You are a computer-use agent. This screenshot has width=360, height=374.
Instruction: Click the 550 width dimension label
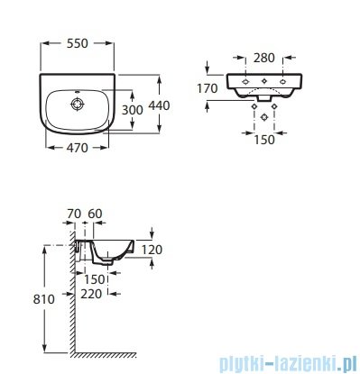click(78, 44)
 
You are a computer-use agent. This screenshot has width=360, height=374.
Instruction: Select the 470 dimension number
click(78, 148)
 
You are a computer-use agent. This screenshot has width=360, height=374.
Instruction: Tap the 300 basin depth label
click(133, 110)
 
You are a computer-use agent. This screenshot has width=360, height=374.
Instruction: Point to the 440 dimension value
click(159, 105)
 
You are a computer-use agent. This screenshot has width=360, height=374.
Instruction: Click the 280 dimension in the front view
click(264, 58)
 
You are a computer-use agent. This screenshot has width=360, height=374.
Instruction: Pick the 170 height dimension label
click(207, 88)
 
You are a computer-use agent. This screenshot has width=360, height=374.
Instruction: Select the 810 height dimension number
click(44, 299)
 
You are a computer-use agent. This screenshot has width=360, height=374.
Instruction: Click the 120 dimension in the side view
click(152, 250)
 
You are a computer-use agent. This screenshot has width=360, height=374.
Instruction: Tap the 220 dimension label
click(91, 294)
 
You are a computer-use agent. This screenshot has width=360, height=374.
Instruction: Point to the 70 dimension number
click(74, 214)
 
